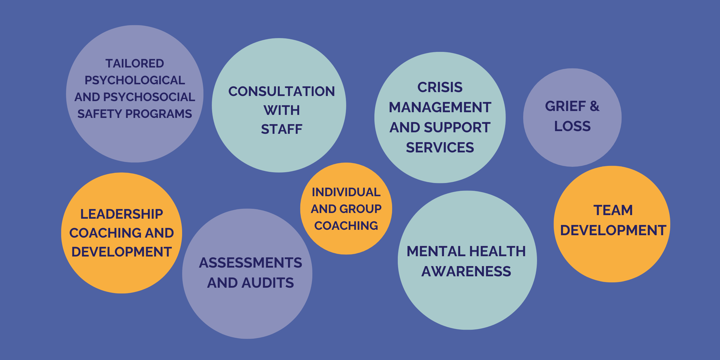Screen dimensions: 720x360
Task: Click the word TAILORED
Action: [x=135, y=64]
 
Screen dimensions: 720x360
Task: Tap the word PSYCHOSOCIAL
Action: [x=149, y=97]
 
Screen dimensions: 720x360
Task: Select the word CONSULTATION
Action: [x=281, y=91]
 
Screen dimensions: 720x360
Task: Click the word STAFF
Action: [x=281, y=129]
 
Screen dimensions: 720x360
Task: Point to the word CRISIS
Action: [x=440, y=88]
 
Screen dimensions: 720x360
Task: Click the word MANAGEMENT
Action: [x=440, y=107]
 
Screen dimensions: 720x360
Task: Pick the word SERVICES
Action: [x=440, y=148]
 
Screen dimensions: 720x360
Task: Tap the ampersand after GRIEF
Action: [x=594, y=106]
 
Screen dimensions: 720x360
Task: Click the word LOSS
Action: [x=572, y=126]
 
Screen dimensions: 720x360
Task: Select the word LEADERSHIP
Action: [x=121, y=214]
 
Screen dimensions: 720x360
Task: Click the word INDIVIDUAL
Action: [x=346, y=192]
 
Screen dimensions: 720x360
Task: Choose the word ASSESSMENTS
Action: [x=250, y=263]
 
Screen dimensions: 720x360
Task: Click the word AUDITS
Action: [x=268, y=283]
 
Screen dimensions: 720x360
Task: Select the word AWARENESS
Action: [x=466, y=271]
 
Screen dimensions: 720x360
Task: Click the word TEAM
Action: [x=613, y=210]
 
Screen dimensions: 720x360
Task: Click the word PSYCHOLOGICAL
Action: [x=135, y=80]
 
